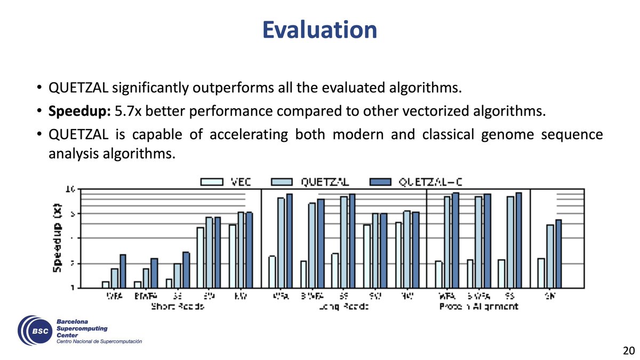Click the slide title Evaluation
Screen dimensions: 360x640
click(x=319, y=29)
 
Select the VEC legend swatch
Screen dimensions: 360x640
click(x=212, y=182)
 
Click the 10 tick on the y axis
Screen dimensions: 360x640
click(x=70, y=189)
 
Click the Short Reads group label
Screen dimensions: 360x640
click(x=178, y=307)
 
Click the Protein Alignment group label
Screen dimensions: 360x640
click(x=478, y=307)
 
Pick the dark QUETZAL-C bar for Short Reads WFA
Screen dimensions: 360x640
click(x=123, y=271)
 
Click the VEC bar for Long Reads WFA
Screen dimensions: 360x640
click(x=272, y=272)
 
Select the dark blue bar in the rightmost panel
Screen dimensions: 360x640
click(x=558, y=254)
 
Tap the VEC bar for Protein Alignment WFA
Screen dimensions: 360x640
click(x=438, y=274)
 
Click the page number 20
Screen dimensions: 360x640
click(x=628, y=350)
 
